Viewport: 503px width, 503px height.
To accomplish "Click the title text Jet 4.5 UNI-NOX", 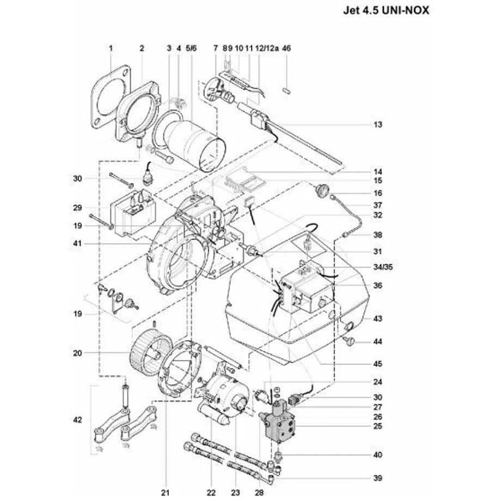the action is pyautogui.click(x=386, y=10).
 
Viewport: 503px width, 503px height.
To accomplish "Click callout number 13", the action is pyautogui.click(x=378, y=125).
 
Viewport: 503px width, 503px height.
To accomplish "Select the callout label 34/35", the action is pyautogui.click(x=383, y=267).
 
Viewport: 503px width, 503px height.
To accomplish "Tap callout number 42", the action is pyautogui.click(x=78, y=420).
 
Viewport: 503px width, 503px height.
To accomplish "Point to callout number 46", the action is pyautogui.click(x=286, y=48).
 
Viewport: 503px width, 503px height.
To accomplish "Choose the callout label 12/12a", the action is pyautogui.click(x=267, y=48).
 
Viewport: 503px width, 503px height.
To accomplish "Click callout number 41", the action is pyautogui.click(x=77, y=244).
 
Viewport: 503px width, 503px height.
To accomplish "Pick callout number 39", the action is pyautogui.click(x=378, y=478).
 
